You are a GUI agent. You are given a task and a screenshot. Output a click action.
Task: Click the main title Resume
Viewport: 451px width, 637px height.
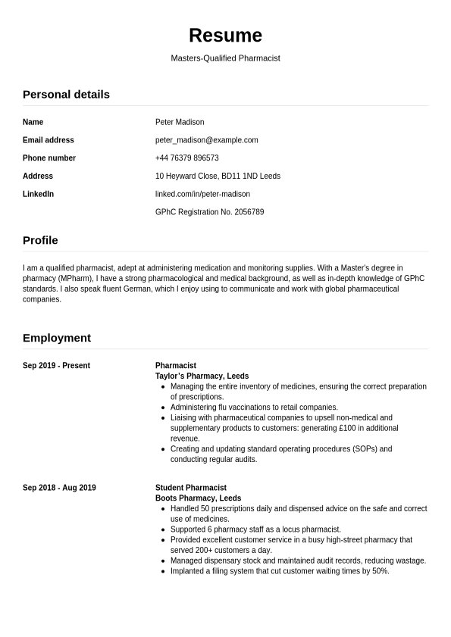pos(225,36)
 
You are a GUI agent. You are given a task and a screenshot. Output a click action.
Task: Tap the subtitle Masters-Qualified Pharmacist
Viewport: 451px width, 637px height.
pos(225,58)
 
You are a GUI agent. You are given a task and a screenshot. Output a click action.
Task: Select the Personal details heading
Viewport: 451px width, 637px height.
pos(66,95)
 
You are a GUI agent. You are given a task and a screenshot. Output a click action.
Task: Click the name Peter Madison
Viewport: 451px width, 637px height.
pos(180,122)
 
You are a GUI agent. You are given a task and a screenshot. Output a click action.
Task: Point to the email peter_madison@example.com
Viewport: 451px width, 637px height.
pos(206,140)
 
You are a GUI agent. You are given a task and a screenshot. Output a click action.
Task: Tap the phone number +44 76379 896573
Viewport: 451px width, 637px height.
pos(186,158)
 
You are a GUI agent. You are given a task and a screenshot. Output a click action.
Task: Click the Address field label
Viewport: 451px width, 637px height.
pos(38,176)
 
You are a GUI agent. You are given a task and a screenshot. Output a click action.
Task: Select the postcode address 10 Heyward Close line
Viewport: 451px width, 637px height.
pos(218,176)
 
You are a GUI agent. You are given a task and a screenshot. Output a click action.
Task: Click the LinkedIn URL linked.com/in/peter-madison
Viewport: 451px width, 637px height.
pos(202,195)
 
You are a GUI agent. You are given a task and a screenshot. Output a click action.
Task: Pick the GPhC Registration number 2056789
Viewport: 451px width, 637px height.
pos(209,213)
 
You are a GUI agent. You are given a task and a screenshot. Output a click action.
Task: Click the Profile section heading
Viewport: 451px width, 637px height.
pos(40,241)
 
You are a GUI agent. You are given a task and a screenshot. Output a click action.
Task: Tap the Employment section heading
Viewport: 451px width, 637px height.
pos(57,338)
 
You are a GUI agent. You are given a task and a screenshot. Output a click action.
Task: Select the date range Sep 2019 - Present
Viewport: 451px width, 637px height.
pos(56,366)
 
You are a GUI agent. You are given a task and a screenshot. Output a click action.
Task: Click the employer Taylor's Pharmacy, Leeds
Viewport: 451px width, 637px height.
pos(202,376)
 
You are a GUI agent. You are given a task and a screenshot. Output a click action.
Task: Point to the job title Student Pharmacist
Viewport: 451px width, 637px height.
pos(191,488)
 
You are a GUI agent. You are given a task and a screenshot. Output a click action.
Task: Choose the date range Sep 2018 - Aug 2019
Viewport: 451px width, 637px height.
pos(59,488)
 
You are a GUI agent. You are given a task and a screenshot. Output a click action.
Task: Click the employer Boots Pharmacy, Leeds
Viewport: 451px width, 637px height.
pos(198,498)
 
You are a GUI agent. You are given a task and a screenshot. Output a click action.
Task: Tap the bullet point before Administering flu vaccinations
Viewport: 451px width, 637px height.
pos(164,407)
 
